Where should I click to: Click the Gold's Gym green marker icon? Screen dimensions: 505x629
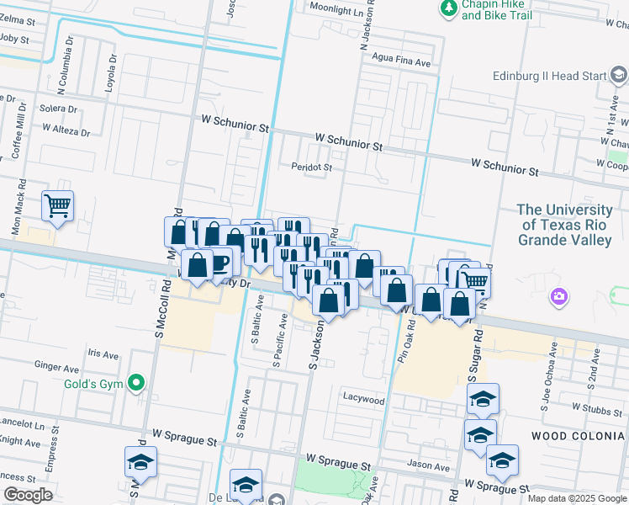tap(135, 384)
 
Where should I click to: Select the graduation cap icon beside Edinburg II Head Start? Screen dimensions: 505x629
tap(619, 77)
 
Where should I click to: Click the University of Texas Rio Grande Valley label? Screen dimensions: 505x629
tap(564, 225)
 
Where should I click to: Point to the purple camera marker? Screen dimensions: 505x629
tap(558, 296)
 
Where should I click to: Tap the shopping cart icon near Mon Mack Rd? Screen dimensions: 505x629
tap(57, 205)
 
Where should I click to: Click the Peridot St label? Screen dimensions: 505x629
tap(312, 167)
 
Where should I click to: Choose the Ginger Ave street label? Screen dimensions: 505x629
tap(56, 366)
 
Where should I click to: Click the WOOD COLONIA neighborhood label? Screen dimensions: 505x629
tap(579, 436)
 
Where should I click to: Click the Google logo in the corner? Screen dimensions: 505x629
tap(28, 495)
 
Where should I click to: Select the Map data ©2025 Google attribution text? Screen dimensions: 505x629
tap(576, 498)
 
